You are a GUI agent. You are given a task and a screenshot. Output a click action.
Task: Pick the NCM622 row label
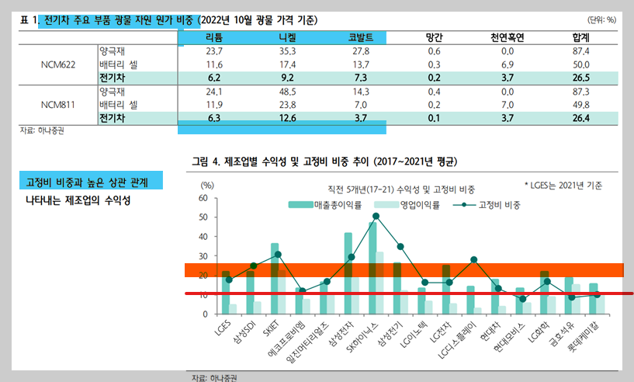tap(58, 64)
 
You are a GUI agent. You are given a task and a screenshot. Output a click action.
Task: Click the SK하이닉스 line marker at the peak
tap(376, 216)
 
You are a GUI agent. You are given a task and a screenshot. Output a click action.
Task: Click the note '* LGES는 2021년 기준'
tap(562, 186)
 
